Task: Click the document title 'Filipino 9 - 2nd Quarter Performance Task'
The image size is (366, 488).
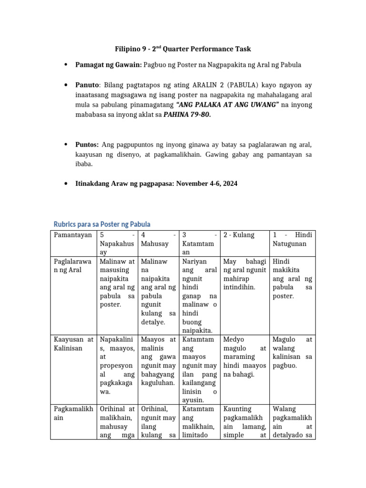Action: (183, 49)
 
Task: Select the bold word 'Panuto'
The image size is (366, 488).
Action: (87, 85)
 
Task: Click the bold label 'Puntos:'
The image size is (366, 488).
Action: (87, 144)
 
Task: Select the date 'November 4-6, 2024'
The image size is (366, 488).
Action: (206, 183)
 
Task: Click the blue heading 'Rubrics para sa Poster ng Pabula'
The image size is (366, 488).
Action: (102, 224)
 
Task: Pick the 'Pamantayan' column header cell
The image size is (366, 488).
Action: (72, 235)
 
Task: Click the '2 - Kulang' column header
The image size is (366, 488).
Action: (239, 235)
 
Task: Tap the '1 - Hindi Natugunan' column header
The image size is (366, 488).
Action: (292, 239)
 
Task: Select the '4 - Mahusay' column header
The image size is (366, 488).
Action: (158, 239)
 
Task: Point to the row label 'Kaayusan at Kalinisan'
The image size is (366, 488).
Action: (72, 344)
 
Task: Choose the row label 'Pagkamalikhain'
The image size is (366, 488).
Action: (72, 413)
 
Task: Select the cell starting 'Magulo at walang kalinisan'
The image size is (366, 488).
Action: (292, 352)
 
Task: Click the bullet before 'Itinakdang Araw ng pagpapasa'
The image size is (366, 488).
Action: (65, 184)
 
